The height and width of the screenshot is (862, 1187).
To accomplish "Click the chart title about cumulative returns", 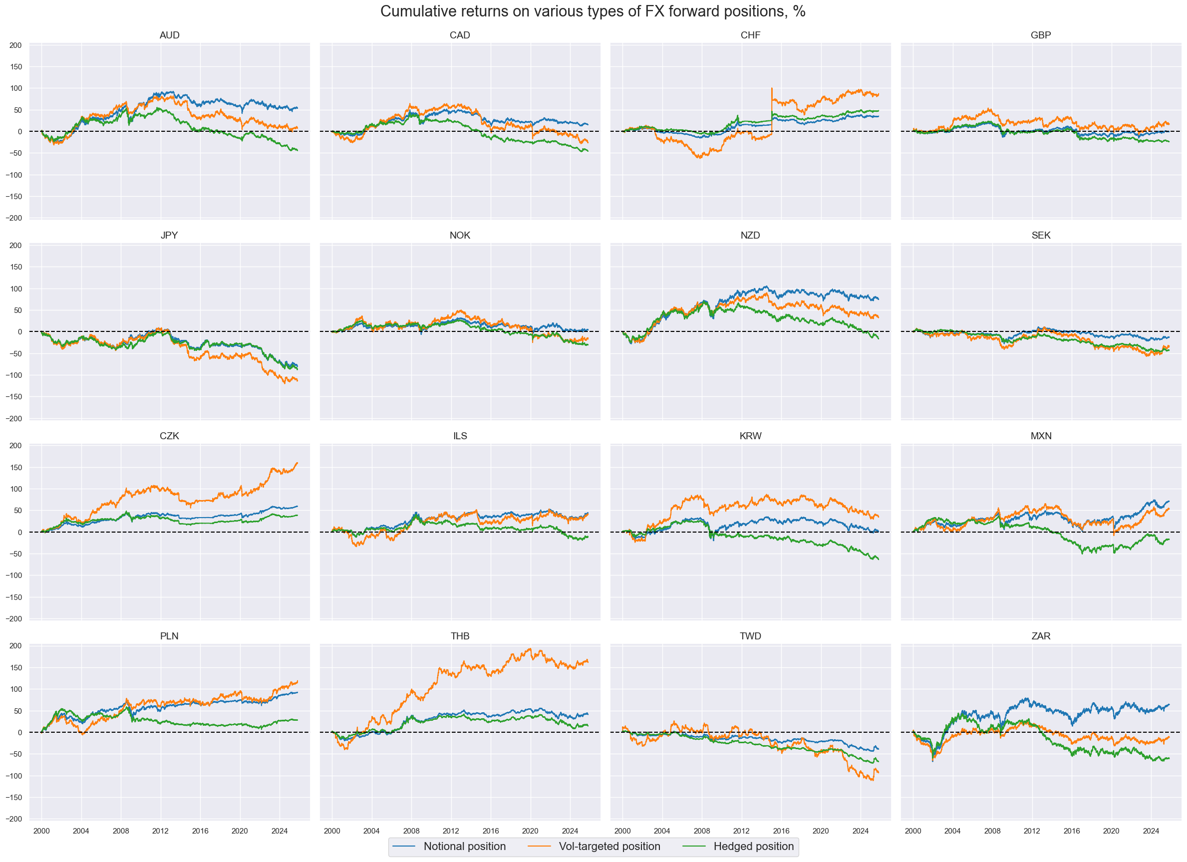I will [593, 11].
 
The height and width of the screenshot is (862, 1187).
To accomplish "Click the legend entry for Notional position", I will [464, 847].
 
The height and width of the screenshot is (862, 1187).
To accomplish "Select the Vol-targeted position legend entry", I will [609, 847].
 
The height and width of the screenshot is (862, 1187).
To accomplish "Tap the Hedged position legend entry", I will [753, 847].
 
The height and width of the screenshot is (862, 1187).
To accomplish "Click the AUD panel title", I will [169, 35].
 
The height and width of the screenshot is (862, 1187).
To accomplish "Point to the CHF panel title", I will [750, 35].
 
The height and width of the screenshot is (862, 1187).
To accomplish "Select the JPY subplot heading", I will [169, 236].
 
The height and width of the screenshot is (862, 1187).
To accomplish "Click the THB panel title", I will [460, 636].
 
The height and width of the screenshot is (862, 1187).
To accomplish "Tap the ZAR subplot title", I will [1040, 636].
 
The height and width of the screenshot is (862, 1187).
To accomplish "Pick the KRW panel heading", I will [750, 436].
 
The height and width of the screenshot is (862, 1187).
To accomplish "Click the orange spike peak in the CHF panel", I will [771, 88].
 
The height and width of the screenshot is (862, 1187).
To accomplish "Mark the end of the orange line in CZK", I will [297, 463].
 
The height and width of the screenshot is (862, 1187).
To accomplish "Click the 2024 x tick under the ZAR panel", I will [1151, 831].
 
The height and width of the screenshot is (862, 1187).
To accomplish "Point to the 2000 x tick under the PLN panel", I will [41, 831].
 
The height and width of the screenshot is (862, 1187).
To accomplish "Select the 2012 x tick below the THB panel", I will [451, 831].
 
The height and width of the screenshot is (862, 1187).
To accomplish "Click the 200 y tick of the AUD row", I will [15, 45].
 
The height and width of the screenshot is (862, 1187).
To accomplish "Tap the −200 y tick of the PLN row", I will [14, 819].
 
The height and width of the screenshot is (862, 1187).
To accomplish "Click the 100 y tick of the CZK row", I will [15, 489].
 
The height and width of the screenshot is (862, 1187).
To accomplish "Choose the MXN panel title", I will [1040, 436].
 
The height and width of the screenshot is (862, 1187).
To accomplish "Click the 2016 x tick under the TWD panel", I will [781, 831].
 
